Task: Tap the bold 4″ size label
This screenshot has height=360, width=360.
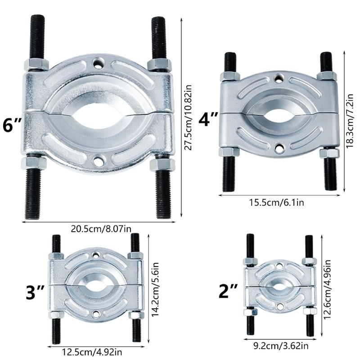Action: [x=208, y=119]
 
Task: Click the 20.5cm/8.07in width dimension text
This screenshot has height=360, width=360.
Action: [x=101, y=229]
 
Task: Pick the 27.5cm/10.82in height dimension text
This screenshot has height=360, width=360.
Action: [x=188, y=117]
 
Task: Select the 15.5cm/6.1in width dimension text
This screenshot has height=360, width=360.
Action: [x=276, y=202]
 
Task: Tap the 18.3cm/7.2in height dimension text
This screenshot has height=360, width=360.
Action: [x=350, y=121]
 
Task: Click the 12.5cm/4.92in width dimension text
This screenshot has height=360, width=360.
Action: [x=92, y=352]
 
